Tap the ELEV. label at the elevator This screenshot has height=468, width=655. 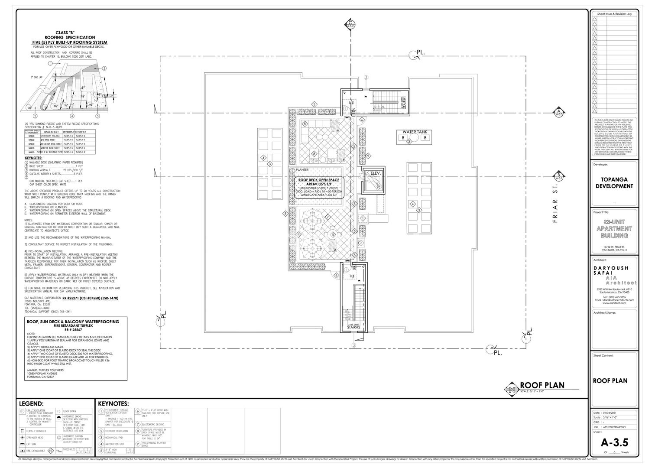(375, 173)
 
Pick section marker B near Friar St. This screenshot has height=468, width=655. (559, 177)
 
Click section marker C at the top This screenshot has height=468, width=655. (350, 24)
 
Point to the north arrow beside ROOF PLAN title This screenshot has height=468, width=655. (512, 389)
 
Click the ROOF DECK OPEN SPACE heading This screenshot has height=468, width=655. (319, 179)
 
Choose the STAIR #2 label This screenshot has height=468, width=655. (354, 328)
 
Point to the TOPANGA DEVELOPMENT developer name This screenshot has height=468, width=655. (614, 183)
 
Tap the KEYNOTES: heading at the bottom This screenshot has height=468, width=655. (113, 404)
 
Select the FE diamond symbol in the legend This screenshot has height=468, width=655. (50, 451)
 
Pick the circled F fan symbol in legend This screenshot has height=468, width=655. (22, 411)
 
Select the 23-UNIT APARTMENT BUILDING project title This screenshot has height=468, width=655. (614, 228)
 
